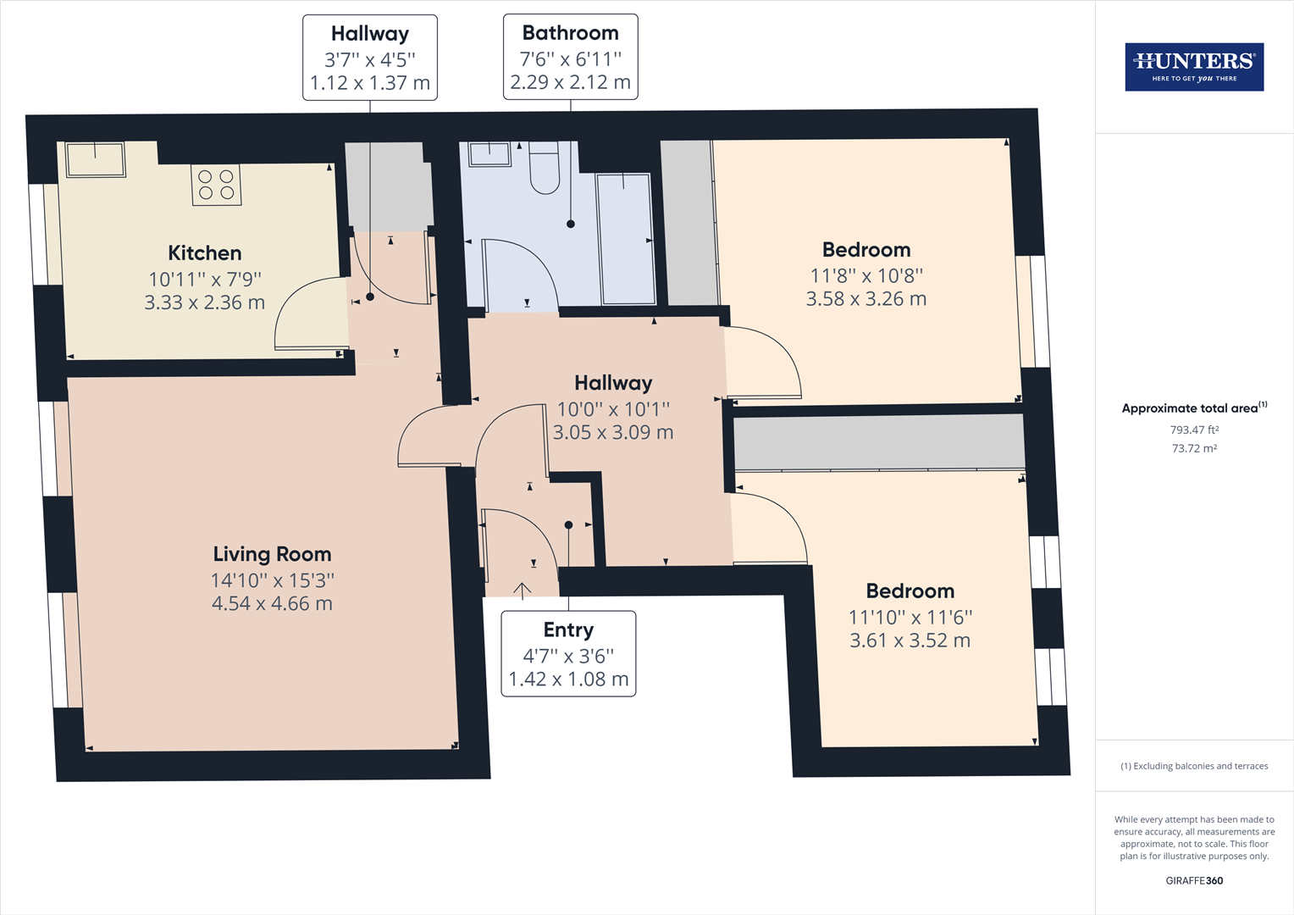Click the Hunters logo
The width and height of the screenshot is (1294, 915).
click(1194, 66)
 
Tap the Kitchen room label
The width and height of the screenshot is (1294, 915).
click(204, 253)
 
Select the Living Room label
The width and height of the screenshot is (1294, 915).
click(272, 554)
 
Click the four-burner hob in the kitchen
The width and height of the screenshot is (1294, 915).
click(217, 185)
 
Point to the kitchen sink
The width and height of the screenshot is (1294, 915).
click(96, 159)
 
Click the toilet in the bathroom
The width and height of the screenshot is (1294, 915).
click(545, 168)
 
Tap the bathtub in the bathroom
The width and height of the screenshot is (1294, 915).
click(626, 239)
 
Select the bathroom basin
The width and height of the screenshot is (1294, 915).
click(489, 154)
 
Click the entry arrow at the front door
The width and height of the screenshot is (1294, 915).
click(523, 591)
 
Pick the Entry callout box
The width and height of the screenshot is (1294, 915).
click(568, 654)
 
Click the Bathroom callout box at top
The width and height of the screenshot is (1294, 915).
click(571, 58)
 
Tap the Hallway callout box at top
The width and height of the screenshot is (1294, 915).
click(370, 58)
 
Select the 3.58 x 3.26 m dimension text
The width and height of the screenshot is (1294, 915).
click(866, 299)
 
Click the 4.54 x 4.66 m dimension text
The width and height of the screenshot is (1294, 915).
click(272, 603)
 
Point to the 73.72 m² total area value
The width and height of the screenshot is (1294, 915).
click(1194, 448)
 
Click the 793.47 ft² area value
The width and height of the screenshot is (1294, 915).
click(1194, 430)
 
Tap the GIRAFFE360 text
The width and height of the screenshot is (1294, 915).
click(1194, 881)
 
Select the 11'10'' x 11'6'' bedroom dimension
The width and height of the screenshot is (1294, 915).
click(910, 618)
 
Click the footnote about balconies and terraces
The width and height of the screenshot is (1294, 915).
click(1194, 766)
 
